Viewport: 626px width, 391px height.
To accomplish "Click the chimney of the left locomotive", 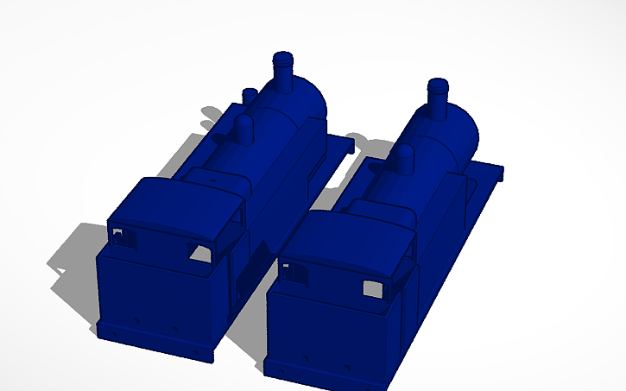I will point(282,73).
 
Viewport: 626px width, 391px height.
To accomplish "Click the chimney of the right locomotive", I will point(438,98).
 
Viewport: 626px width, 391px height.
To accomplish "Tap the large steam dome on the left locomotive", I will point(243,130).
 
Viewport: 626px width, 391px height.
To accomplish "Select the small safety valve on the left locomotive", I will point(250,94).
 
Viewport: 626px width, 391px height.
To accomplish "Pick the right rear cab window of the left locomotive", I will point(201,252).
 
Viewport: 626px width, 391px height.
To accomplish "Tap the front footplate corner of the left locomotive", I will point(345,141).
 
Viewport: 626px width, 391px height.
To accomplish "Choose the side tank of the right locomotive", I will point(440,216).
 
